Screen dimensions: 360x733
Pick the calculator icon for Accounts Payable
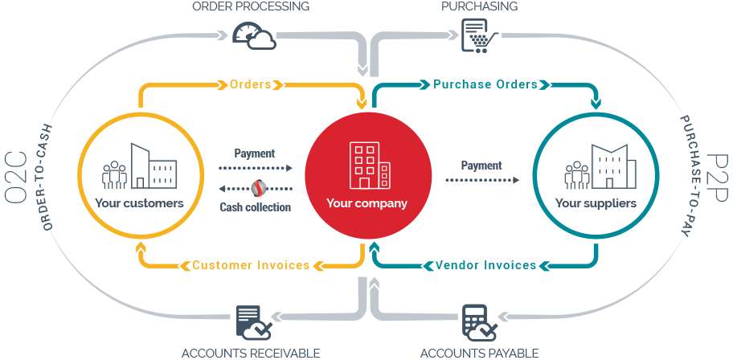[480, 323]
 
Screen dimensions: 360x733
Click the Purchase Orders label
[485, 84]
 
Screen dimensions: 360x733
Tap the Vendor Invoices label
[485, 265]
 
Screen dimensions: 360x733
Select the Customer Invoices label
[251, 265]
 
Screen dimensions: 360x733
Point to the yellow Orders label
[250, 84]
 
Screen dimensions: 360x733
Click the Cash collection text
[256, 207]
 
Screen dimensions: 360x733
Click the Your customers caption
[139, 203]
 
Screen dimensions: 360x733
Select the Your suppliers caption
[596, 203]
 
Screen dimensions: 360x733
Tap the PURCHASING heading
[479, 6]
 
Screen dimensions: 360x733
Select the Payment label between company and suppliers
[481, 166]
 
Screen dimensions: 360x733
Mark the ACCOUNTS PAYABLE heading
[479, 353]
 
